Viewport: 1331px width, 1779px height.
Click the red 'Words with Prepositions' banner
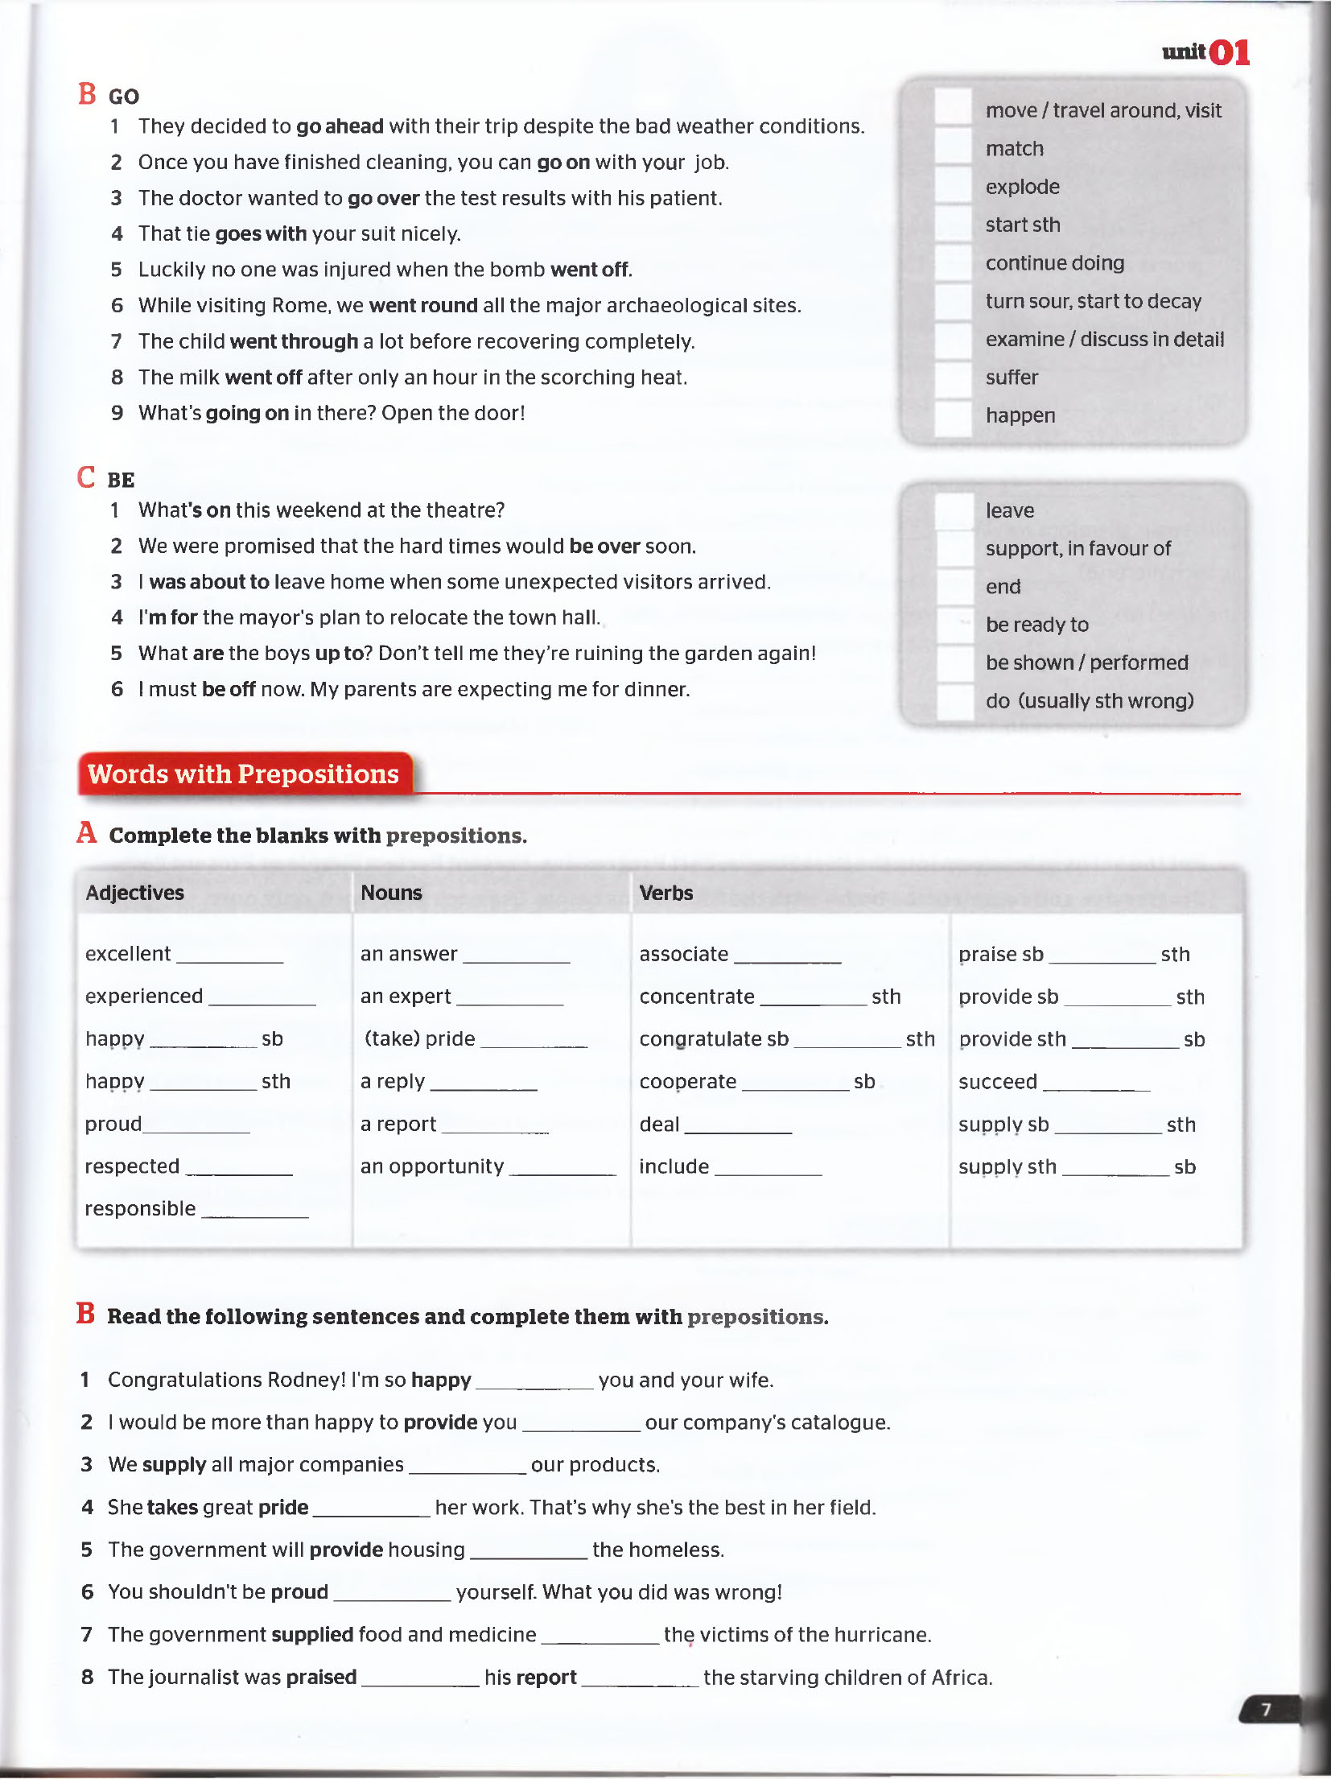[x=244, y=774]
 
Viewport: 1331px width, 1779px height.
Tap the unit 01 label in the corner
[x=1205, y=53]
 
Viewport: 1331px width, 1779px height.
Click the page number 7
[x=1266, y=1709]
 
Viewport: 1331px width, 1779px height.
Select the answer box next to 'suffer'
[x=954, y=378]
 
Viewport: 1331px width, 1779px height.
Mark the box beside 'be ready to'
[x=956, y=625]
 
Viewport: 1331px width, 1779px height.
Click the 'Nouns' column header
[x=391, y=893]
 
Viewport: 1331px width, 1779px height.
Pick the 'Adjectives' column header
[x=135, y=893]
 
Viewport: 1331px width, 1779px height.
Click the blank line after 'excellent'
[x=230, y=956]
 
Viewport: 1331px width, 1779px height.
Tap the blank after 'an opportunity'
[x=562, y=1169]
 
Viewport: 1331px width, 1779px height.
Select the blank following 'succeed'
[x=1096, y=1084]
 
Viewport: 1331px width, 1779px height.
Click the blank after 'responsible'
[x=255, y=1211]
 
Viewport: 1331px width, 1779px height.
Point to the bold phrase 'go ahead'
[x=340, y=126]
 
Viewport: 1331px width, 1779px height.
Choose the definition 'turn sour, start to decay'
[x=1093, y=301]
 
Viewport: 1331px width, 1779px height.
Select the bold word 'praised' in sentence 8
[x=321, y=1678]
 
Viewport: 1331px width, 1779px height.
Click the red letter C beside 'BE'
[x=86, y=477]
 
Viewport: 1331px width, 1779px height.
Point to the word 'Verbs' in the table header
[x=665, y=893]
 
